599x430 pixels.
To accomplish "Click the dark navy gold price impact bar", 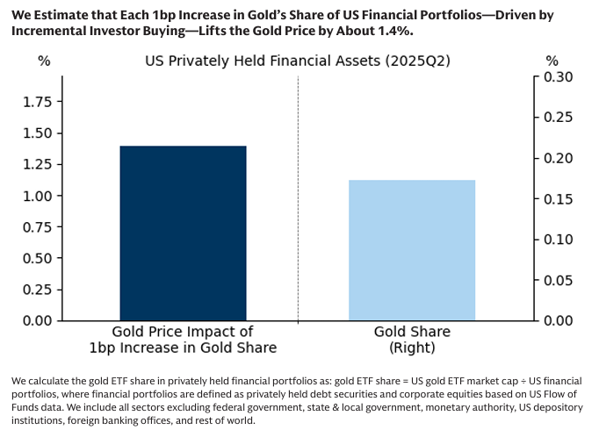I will click(183, 233).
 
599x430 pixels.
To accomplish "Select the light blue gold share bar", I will click(412, 250).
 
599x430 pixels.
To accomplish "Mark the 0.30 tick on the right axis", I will click(559, 77).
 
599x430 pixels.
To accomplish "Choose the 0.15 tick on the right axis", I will click(559, 199).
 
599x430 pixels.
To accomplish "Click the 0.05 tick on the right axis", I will click(559, 280).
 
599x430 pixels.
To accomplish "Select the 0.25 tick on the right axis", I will click(559, 118).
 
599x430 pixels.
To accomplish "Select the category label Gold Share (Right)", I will click(412, 340).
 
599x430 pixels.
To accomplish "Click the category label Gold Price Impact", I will click(183, 340).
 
